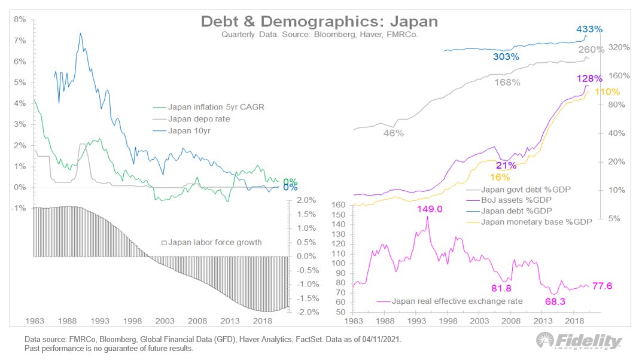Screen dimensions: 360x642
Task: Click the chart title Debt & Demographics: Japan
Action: [x=320, y=22]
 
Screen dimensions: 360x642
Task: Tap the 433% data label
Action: [x=589, y=29]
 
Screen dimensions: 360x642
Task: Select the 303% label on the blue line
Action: [x=506, y=57]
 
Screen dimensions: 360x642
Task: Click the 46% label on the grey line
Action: [x=393, y=133]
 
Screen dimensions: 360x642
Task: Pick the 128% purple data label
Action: [x=589, y=78]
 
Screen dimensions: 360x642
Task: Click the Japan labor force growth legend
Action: [x=212, y=243]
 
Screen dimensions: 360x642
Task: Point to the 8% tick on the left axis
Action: [x=19, y=19]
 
